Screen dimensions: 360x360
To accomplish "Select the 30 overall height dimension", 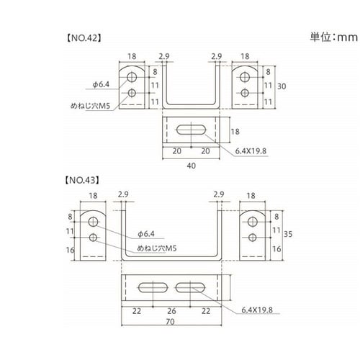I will [x=282, y=86].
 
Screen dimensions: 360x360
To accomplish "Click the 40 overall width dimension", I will [x=190, y=165].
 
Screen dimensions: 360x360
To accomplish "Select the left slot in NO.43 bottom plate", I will [x=148, y=287].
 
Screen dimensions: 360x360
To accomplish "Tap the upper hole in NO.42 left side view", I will [x=133, y=76].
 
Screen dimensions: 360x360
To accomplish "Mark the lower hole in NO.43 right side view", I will [x=252, y=236].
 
